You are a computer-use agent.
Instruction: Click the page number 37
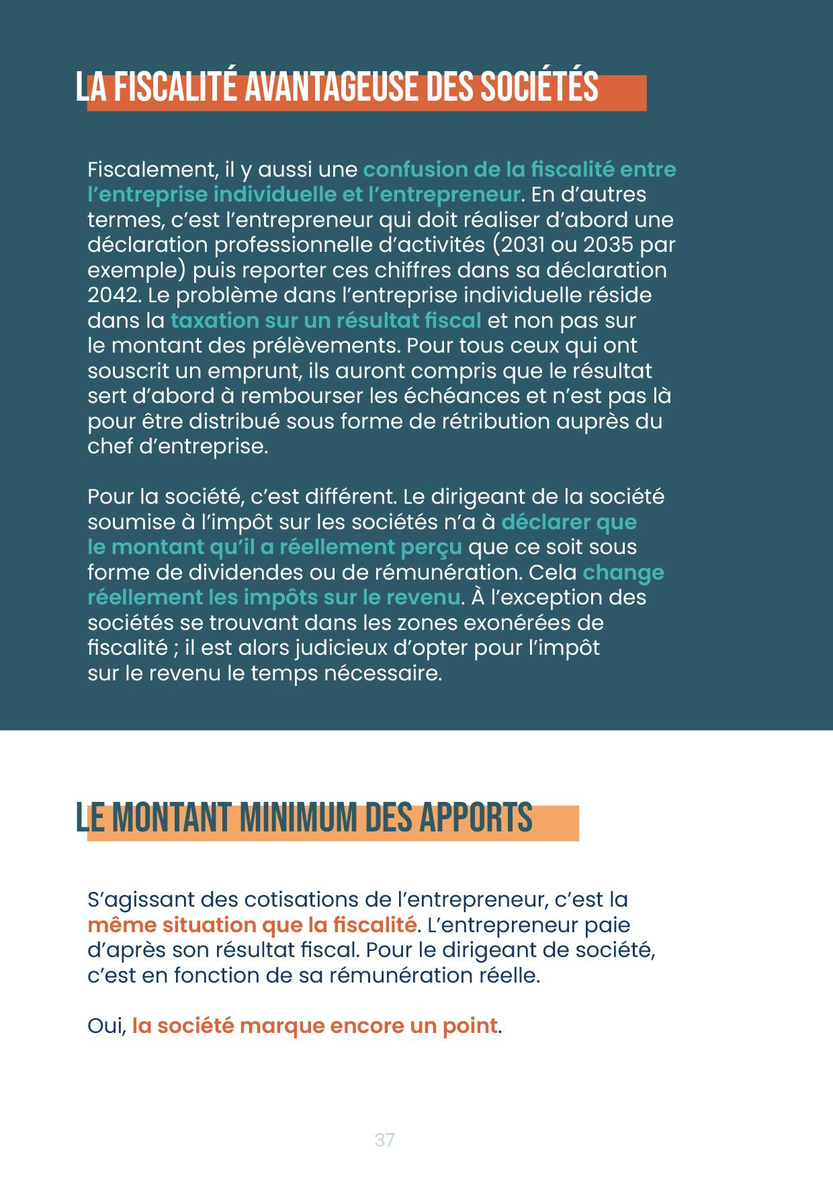point(384,1140)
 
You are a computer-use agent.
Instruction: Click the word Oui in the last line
point(105,1026)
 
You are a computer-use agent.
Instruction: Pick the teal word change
point(623,572)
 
